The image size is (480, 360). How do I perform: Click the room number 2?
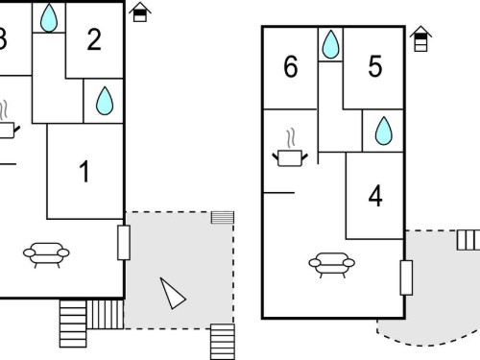tap(94, 39)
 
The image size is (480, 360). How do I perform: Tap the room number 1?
tap(84, 172)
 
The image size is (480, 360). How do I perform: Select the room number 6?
tap(291, 66)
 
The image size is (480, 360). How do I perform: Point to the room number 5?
tap(375, 66)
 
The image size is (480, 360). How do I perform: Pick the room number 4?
tap(375, 196)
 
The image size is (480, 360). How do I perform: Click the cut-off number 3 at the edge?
tap(3, 39)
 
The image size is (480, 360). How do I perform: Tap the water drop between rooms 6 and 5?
tap(330, 44)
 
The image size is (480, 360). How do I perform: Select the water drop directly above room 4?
tap(383, 131)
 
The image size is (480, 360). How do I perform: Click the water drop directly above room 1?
tap(105, 101)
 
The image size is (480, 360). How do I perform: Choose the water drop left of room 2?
tap(49, 18)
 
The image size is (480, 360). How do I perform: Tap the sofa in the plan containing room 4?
tap(332, 265)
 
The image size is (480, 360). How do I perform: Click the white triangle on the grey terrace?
tap(172, 293)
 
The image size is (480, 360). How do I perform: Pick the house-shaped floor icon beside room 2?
tap(140, 12)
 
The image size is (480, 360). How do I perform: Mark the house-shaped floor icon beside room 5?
tap(420, 38)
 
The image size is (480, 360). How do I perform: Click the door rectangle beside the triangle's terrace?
tap(124, 243)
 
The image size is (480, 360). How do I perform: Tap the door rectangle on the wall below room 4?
tap(406, 277)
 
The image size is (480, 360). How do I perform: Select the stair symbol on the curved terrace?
tap(468, 240)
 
